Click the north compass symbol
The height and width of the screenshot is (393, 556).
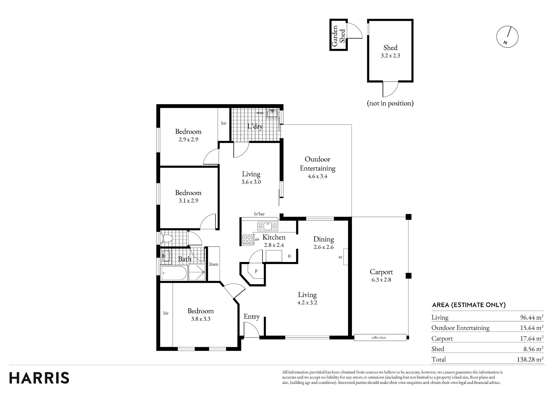coord(507,37)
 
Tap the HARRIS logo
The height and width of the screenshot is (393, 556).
coord(39,378)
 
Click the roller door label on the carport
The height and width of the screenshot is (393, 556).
coord(379,337)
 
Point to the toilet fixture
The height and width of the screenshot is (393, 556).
coord(167,238)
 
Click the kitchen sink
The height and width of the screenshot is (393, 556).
coord(267,226)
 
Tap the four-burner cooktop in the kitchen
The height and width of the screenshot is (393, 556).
coord(247,239)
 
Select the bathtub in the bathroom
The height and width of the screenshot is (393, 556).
coord(174,273)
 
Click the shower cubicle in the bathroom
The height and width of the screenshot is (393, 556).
coord(197,272)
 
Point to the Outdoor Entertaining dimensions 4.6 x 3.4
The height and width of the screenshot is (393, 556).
coord(317,176)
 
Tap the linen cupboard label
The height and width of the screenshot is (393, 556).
coord(214,264)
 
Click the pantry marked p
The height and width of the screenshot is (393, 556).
coord(256,271)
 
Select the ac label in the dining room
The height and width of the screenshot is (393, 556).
coord(340,257)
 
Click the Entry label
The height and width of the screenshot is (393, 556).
coord(252,317)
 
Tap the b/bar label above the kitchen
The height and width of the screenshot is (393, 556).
coord(259,214)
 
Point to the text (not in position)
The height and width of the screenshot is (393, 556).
coord(390,103)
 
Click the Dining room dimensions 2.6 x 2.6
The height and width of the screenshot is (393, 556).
coord(324,247)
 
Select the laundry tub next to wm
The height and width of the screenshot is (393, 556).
coord(272,113)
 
